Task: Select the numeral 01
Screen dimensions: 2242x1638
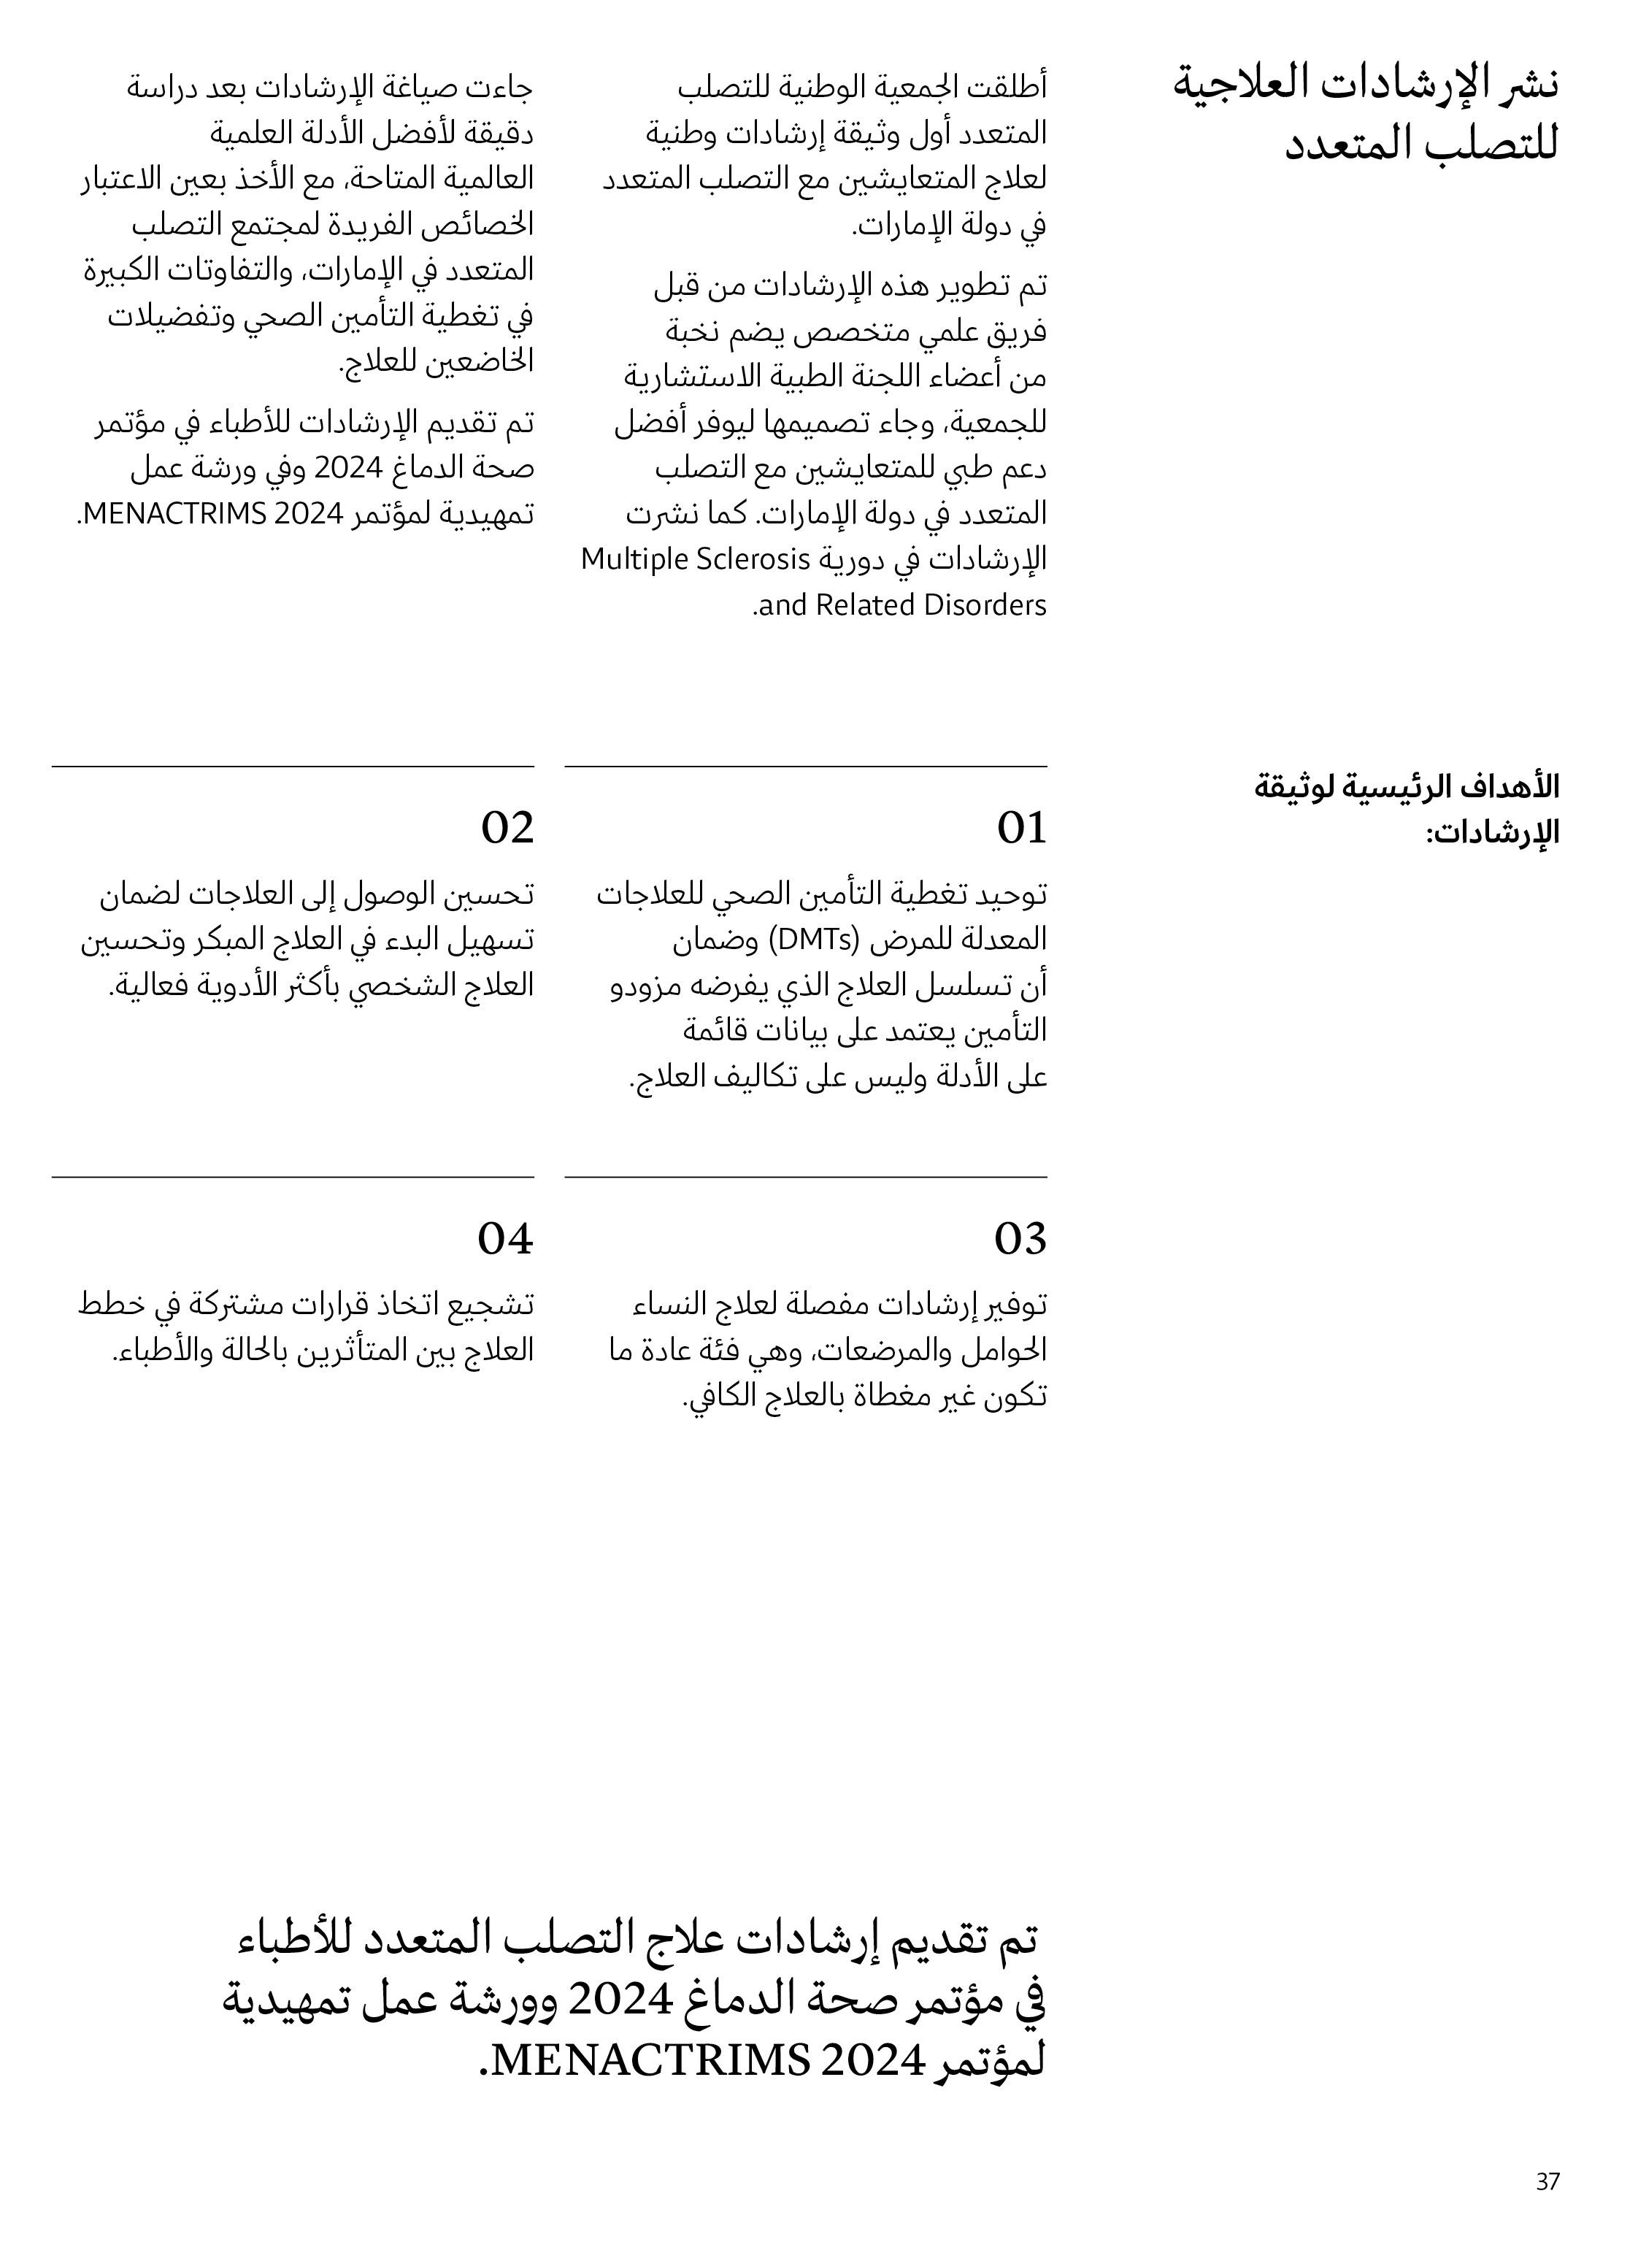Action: [x=1021, y=828]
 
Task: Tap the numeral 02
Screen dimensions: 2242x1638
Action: [x=507, y=828]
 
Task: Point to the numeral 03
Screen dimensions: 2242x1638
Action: [x=1020, y=1240]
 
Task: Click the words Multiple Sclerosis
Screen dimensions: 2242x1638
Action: [x=695, y=559]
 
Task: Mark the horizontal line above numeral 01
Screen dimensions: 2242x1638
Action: [x=805, y=767]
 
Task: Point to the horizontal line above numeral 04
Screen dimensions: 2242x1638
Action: [x=293, y=1177]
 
